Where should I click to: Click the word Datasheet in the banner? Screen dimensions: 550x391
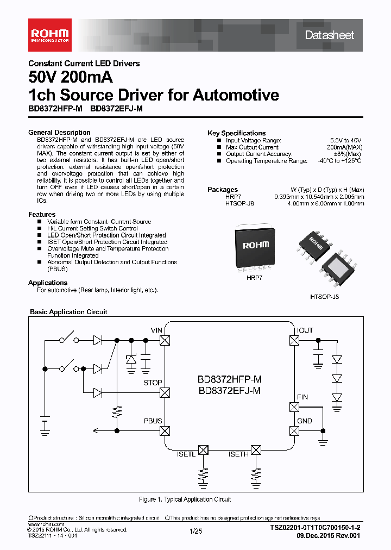[329, 35]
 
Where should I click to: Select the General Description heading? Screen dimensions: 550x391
[59, 133]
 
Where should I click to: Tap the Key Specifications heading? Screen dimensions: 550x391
[236, 133]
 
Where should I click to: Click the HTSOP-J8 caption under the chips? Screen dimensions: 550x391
[325, 298]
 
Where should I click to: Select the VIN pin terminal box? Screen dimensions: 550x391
[165, 340]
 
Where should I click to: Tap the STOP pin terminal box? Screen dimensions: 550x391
[165, 392]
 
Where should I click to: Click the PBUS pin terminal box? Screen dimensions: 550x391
[165, 431]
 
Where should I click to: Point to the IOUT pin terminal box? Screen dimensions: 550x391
[294, 340]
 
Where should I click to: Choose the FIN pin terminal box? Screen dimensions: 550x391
[294, 407]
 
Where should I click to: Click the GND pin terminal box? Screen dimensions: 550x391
[294, 431]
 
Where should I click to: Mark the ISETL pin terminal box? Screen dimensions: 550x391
[203, 450]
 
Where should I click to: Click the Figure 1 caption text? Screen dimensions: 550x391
[185, 499]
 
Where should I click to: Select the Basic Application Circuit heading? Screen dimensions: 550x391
[68, 312]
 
